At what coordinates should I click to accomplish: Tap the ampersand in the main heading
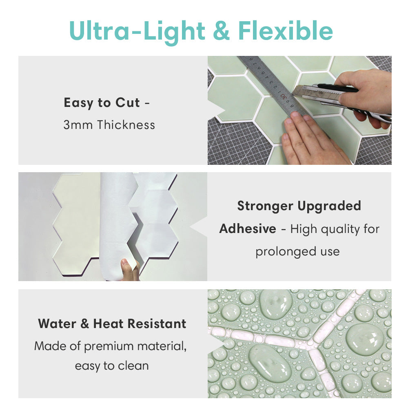[x=221, y=31]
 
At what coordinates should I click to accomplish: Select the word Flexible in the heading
[x=286, y=31]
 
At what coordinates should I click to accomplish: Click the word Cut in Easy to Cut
[x=127, y=102]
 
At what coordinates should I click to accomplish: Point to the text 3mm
[x=78, y=125]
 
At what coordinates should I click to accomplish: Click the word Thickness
[x=126, y=125]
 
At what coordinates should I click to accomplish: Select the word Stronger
[x=265, y=206]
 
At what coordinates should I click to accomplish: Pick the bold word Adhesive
[x=248, y=229]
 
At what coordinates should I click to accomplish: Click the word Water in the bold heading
[x=57, y=324]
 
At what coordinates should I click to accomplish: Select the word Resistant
[x=157, y=324]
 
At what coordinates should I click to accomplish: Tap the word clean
[x=133, y=366]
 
